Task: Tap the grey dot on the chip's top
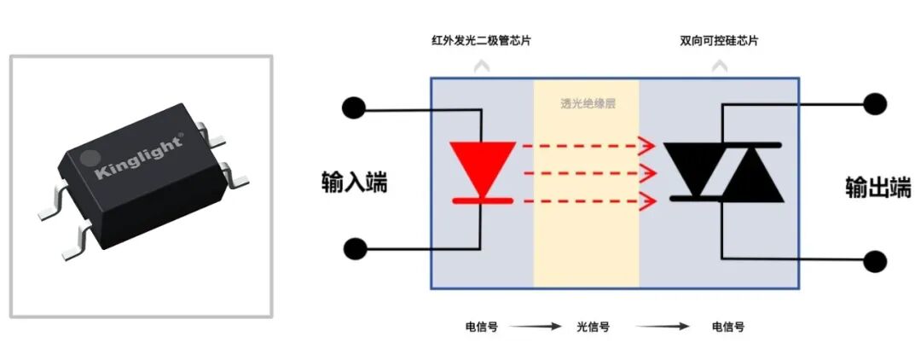pos(88,158)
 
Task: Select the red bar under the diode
pos(482,200)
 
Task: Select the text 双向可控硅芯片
pos(720,41)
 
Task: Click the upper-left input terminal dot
pos(352,108)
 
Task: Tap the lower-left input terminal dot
pos(356,249)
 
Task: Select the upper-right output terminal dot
pos(875,105)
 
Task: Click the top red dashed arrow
pos(588,146)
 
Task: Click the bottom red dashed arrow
pos(588,201)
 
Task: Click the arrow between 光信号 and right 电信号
pos(665,327)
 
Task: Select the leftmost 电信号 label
pos(482,327)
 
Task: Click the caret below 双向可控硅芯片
pos(721,65)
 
